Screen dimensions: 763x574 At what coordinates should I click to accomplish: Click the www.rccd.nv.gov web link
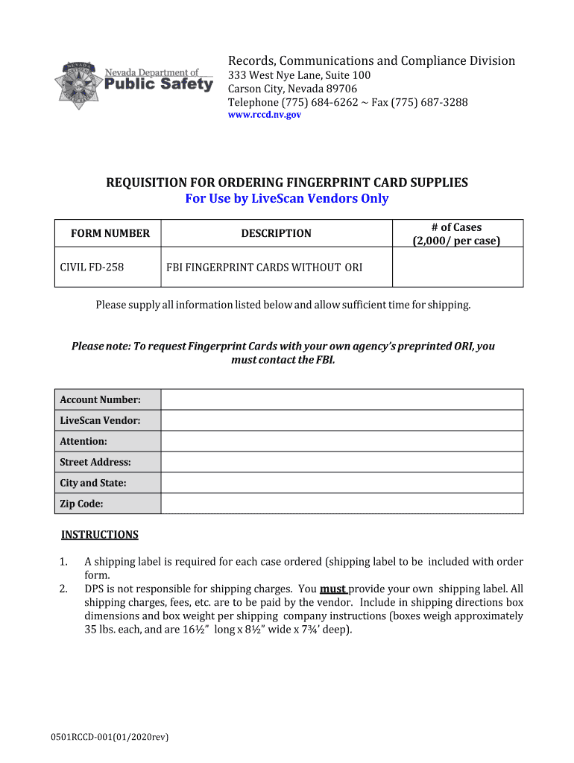coord(264,115)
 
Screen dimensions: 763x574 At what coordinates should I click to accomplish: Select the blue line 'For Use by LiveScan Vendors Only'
coord(287,199)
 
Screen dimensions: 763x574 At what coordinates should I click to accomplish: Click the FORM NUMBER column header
coord(110,233)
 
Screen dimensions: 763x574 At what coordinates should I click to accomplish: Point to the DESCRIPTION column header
coord(276,233)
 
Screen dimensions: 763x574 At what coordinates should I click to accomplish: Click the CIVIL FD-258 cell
coord(92,267)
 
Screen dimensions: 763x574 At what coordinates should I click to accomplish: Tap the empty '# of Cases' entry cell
coord(457,267)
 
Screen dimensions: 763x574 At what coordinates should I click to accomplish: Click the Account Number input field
coord(342,399)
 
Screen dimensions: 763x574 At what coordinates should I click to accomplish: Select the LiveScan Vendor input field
coord(342,420)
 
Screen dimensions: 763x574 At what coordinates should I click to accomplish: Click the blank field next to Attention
coord(342,441)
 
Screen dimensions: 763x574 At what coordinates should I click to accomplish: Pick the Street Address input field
coord(342,462)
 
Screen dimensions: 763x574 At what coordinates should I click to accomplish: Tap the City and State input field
coord(342,483)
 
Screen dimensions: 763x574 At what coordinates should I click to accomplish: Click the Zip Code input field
coord(342,504)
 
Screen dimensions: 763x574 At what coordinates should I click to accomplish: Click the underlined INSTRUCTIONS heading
coord(99,535)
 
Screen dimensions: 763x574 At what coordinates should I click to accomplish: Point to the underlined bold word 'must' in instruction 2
coord(332,589)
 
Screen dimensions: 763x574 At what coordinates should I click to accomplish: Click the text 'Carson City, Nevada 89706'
coord(292,89)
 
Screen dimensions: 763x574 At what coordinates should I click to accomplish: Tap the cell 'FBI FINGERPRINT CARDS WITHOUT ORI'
coord(264,267)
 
